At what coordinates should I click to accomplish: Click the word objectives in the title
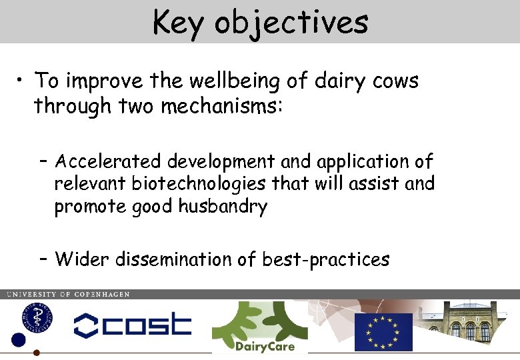[291, 22]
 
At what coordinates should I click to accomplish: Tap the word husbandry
[223, 207]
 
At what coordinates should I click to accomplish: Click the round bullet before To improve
[22, 82]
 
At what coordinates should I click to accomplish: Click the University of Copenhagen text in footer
[68, 294]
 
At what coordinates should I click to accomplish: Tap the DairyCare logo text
[264, 347]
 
